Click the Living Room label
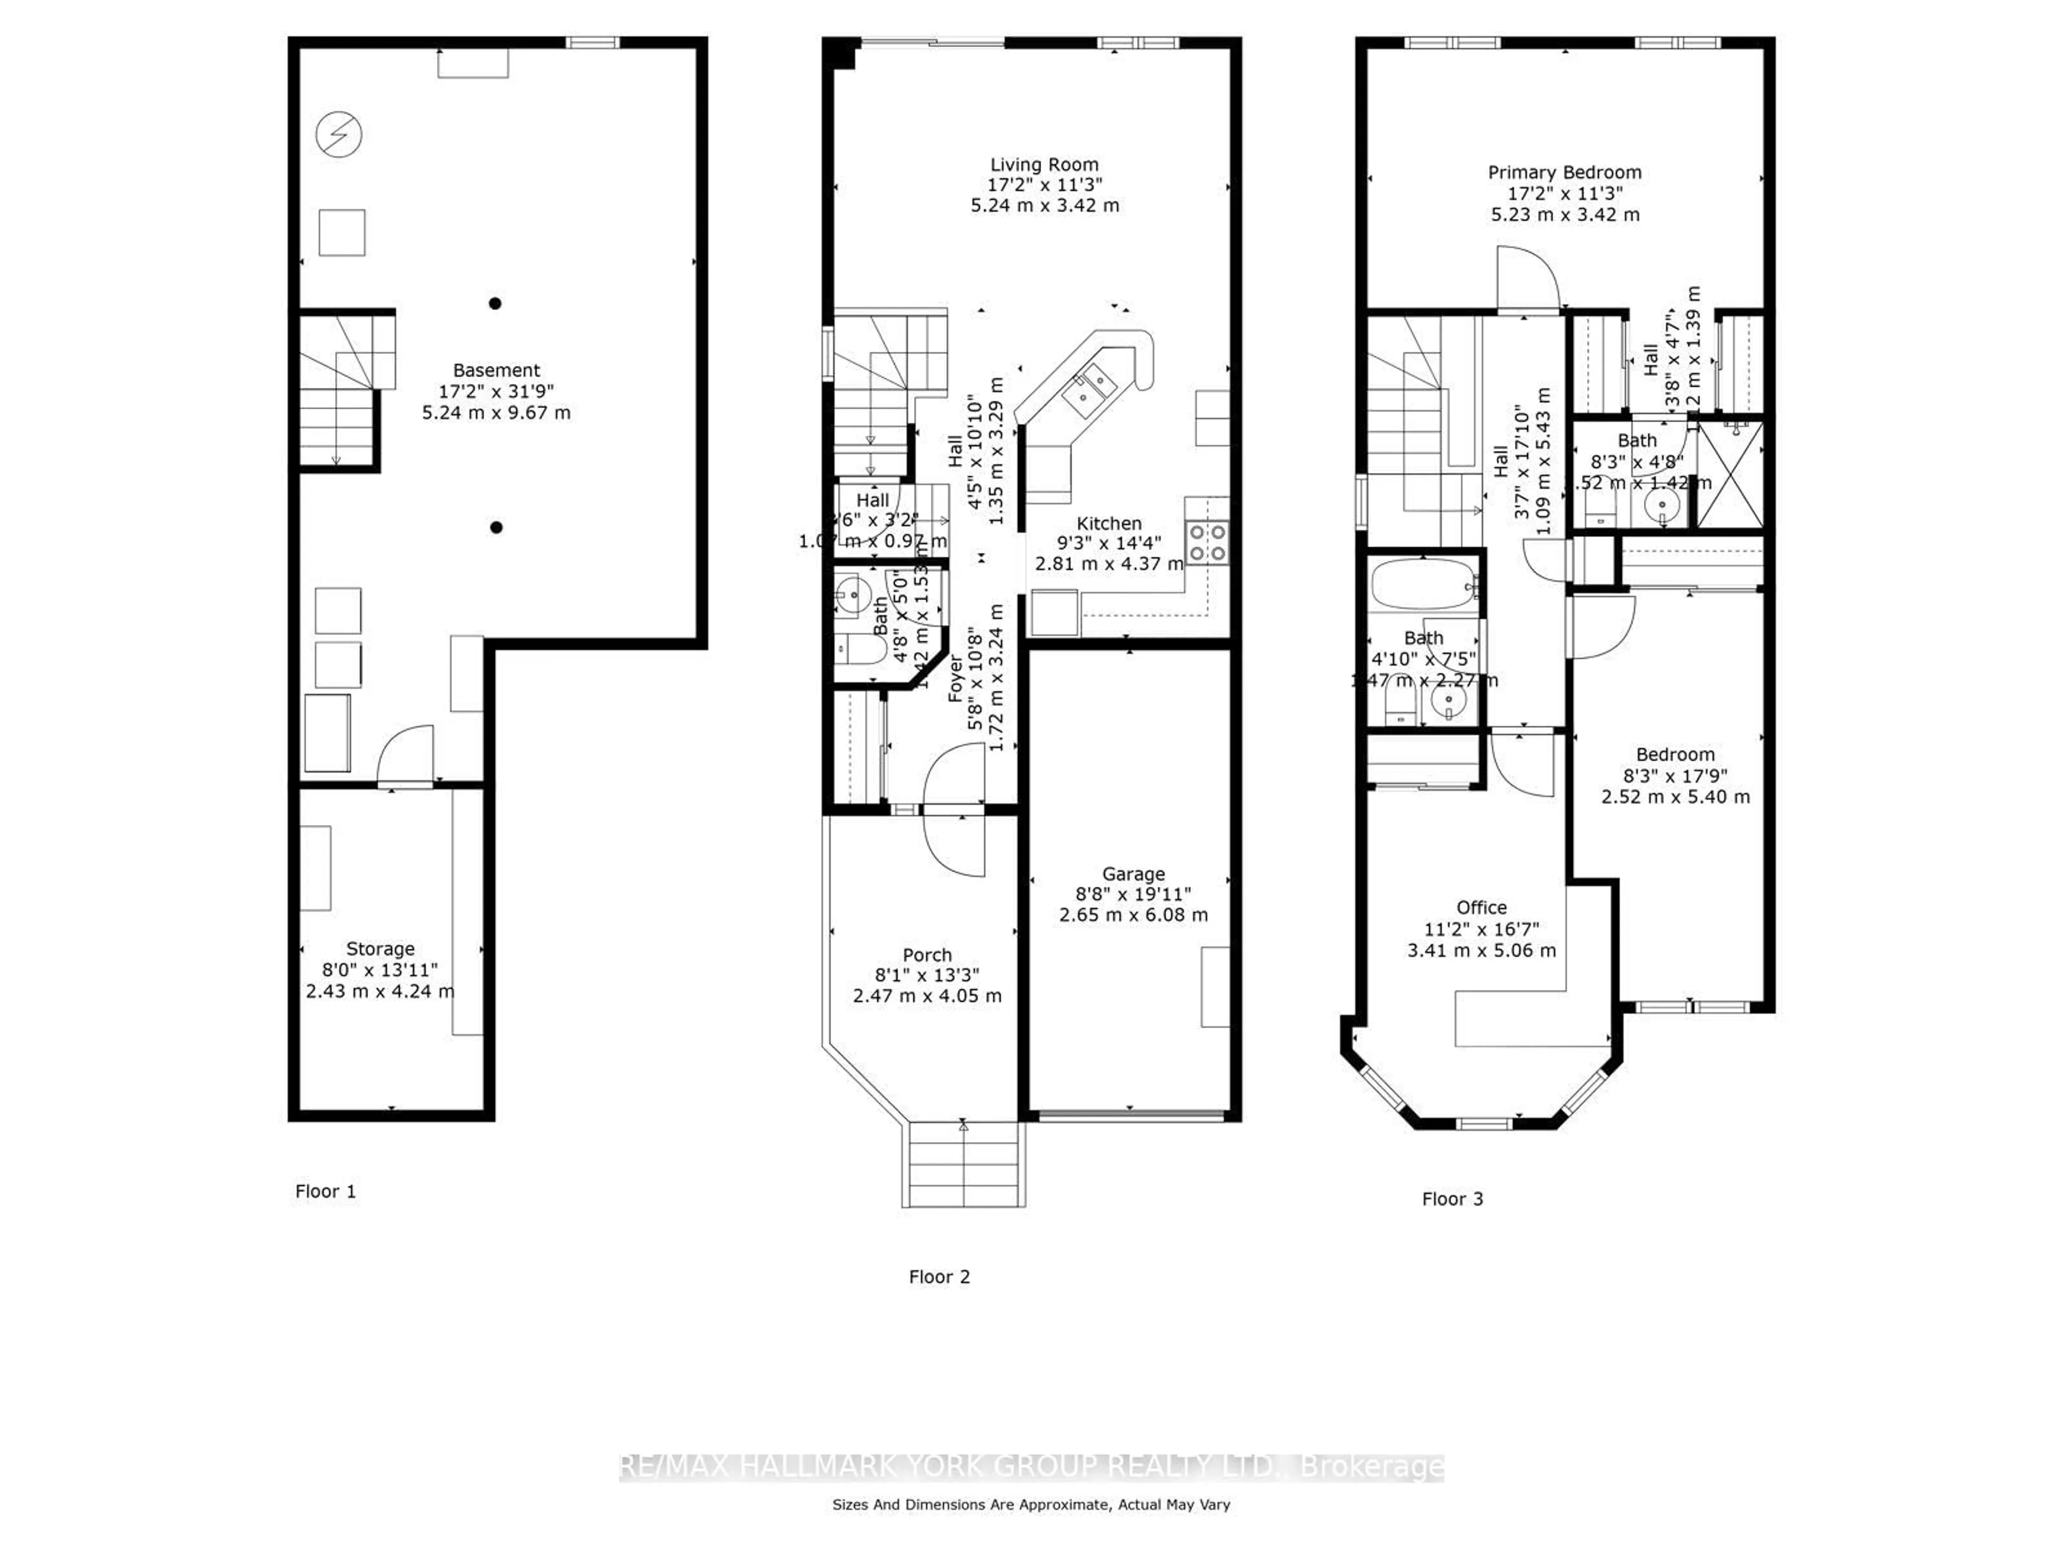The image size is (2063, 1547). coord(1044,165)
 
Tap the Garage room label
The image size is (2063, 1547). coord(1133,874)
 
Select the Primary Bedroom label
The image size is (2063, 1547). coord(1564,172)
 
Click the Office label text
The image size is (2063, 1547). coord(1481,907)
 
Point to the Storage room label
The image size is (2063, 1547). coord(380,948)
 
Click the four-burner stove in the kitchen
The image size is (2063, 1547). coord(1206,543)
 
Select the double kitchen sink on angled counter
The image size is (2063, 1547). coord(1090,391)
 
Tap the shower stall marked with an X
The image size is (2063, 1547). coord(1730,475)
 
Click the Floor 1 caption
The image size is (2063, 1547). coord(326,1191)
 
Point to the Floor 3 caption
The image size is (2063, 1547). coord(1452,1199)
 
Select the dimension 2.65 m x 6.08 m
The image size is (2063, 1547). coord(1133,915)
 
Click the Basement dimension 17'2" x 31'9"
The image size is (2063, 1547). coord(496,392)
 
